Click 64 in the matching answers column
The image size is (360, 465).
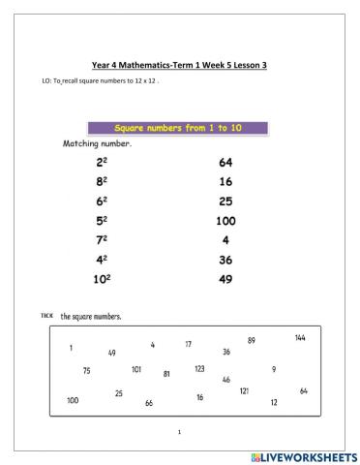226,163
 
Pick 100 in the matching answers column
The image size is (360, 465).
226,221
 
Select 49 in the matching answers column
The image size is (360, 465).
226,280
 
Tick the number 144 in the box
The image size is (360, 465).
301,338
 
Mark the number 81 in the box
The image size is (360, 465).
166,374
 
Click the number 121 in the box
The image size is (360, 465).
244,391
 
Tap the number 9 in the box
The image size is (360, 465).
274,369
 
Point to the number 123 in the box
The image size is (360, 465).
199,369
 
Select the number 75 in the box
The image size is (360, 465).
86,371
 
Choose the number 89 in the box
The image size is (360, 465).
252,341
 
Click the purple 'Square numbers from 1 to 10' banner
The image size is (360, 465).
177,128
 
